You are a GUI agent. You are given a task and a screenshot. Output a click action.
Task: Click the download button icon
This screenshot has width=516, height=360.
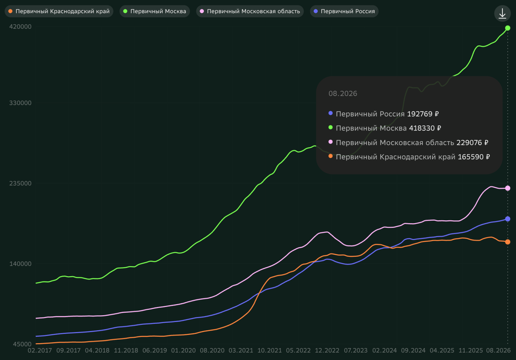502,13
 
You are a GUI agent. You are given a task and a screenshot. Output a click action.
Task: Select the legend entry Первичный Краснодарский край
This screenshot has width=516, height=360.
59,11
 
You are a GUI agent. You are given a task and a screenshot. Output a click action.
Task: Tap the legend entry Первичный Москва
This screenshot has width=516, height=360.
154,11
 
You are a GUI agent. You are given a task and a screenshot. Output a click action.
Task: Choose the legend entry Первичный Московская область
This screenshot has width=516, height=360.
250,11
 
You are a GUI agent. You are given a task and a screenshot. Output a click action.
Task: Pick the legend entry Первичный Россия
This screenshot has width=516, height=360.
344,11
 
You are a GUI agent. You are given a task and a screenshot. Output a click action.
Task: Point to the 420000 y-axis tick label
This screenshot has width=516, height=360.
20,27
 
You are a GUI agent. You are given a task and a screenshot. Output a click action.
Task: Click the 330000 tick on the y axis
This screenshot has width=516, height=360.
20,103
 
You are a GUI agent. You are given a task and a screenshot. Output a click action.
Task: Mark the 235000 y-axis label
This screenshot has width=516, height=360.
20,183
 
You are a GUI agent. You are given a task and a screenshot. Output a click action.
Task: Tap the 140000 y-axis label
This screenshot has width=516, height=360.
20,264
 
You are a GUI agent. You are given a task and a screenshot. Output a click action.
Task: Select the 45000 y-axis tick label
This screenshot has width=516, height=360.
22,344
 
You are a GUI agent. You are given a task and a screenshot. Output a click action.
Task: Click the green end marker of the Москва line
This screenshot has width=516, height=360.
507,28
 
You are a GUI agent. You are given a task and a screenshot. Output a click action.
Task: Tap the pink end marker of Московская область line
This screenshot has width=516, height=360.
507,188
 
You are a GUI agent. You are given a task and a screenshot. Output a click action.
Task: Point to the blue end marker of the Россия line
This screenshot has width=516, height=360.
507,219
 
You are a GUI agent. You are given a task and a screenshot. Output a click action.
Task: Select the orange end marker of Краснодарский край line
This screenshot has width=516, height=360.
507,242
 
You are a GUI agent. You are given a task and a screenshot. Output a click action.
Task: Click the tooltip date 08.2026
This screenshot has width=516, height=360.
343,94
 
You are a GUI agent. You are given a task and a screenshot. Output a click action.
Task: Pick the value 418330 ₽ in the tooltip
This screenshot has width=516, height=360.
425,128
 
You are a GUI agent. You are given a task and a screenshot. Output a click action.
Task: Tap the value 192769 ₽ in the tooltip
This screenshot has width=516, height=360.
423,114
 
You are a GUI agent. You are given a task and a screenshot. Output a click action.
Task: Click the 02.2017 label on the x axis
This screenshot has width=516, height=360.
40,351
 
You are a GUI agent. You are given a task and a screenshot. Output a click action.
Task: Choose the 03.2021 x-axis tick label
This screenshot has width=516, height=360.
241,351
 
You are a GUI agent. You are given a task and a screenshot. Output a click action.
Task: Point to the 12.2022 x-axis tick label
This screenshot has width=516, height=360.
327,351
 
